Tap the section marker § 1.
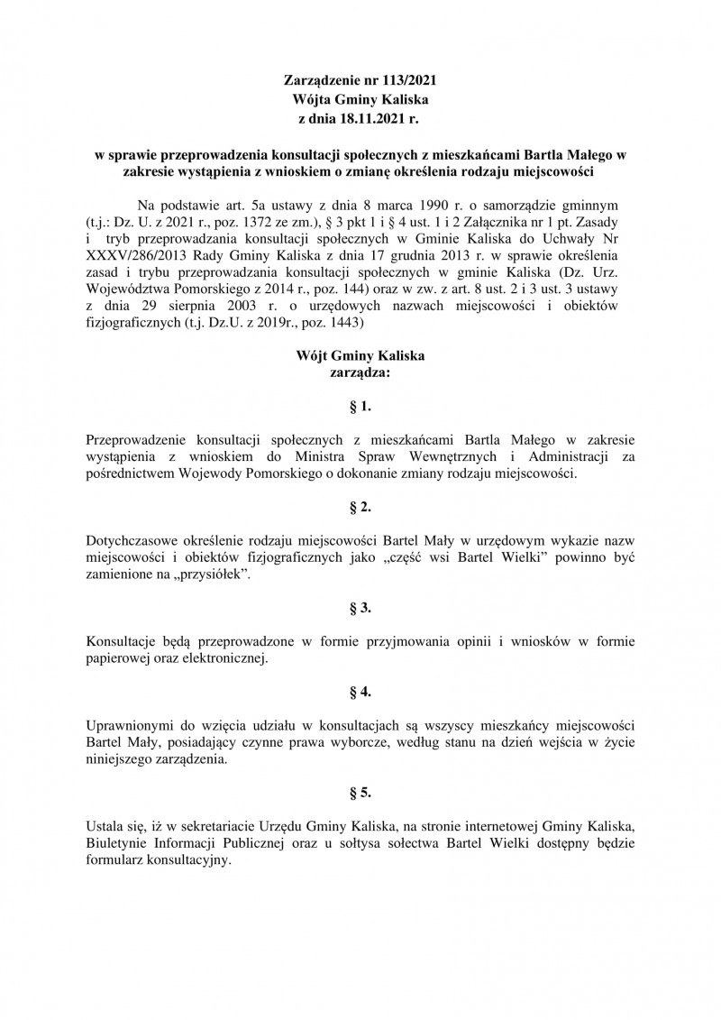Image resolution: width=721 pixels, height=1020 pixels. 360,408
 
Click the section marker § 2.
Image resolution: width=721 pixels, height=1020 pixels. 360,509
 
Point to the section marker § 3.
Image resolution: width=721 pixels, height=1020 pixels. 360,610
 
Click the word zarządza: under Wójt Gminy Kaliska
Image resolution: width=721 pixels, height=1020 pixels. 360,371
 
